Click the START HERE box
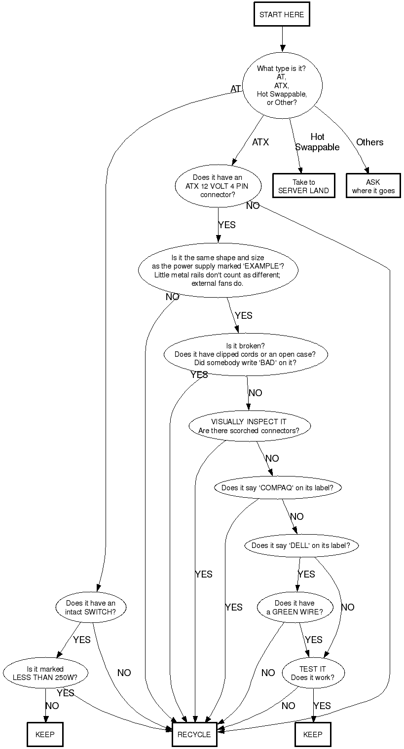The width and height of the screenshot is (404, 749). [282, 15]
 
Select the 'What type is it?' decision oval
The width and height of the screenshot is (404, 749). [282, 86]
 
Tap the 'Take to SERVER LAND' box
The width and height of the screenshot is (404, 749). [303, 186]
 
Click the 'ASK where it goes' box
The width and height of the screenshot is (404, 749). [373, 186]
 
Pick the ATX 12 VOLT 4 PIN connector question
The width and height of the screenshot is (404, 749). [218, 186]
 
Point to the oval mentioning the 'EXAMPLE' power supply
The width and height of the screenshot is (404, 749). [218, 271]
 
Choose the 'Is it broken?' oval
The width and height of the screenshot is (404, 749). [245, 354]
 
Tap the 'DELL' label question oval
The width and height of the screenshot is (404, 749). [301, 545]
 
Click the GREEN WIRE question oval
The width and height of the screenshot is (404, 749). [294, 608]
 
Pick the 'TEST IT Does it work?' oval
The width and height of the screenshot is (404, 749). [313, 673]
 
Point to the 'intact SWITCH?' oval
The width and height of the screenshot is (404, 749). [91, 608]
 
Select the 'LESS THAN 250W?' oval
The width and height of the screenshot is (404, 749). [45, 673]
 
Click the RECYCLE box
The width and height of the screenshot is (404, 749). [194, 734]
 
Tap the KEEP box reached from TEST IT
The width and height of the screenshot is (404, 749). [313, 734]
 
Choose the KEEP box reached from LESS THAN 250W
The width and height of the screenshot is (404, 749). [45, 734]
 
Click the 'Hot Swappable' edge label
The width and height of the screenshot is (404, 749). [317, 142]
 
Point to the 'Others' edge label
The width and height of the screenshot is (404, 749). [369, 142]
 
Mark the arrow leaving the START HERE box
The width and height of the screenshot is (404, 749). [282, 38]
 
